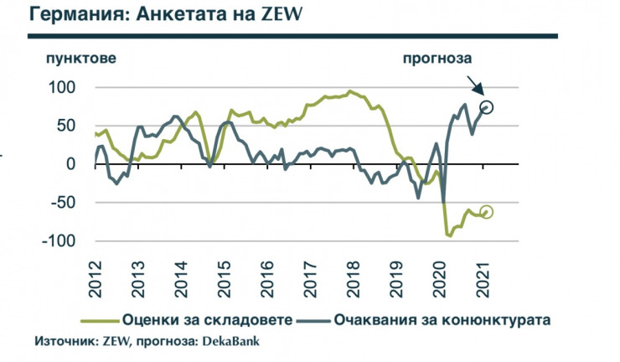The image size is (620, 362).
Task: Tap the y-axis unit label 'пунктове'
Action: point(80,59)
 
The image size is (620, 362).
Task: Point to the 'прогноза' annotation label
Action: point(438,59)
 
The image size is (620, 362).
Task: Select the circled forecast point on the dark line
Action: point(487,106)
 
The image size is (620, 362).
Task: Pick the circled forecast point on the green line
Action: point(486,212)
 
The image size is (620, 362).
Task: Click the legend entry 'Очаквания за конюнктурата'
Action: point(444,319)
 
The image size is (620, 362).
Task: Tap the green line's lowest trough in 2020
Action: point(450,236)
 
